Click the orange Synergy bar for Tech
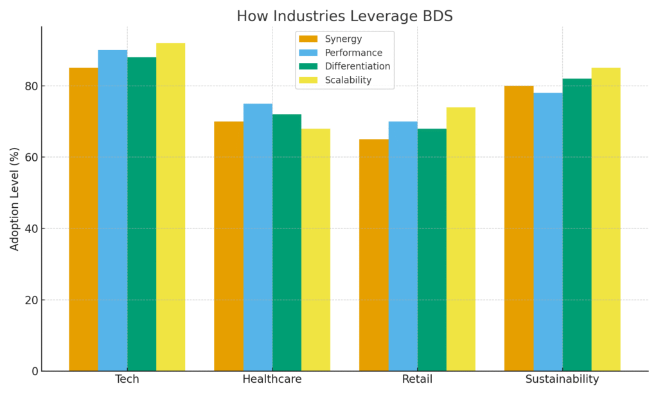point(84,219)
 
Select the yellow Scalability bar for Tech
point(170,207)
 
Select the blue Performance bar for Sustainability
point(547,232)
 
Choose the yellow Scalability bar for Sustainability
point(606,219)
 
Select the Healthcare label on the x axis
point(272,380)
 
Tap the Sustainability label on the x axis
point(562,380)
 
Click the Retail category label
point(417,380)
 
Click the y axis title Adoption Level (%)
point(15,199)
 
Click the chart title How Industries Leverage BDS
point(344,16)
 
